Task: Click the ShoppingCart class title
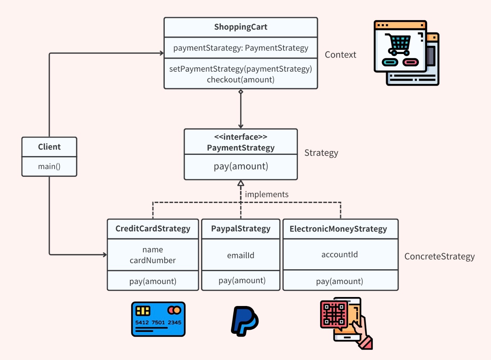[241, 27]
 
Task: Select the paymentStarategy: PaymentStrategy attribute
[241, 48]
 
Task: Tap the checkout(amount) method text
[241, 80]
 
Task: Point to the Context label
[340, 55]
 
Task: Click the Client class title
[49, 147]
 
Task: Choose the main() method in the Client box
[49, 166]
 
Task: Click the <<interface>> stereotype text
[241, 137]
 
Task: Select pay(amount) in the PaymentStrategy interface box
[241, 166]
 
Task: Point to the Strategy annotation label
[321, 153]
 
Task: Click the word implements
[267, 194]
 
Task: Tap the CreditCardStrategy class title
[153, 229]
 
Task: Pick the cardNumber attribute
[153, 260]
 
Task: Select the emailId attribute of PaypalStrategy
[241, 255]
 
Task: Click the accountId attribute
[340, 255]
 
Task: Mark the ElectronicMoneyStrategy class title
[338, 229]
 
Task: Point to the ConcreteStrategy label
[439, 256]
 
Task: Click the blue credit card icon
[158, 319]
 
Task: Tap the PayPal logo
[245, 321]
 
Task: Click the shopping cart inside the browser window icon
[398, 44]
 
